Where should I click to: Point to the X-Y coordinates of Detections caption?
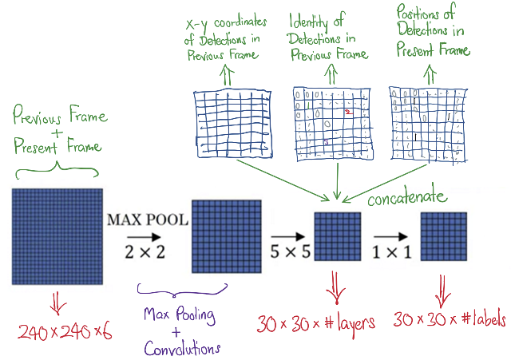click(224, 40)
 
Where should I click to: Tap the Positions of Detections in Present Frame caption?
click(432, 32)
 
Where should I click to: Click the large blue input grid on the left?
click(58, 237)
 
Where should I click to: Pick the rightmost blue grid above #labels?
click(444, 237)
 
